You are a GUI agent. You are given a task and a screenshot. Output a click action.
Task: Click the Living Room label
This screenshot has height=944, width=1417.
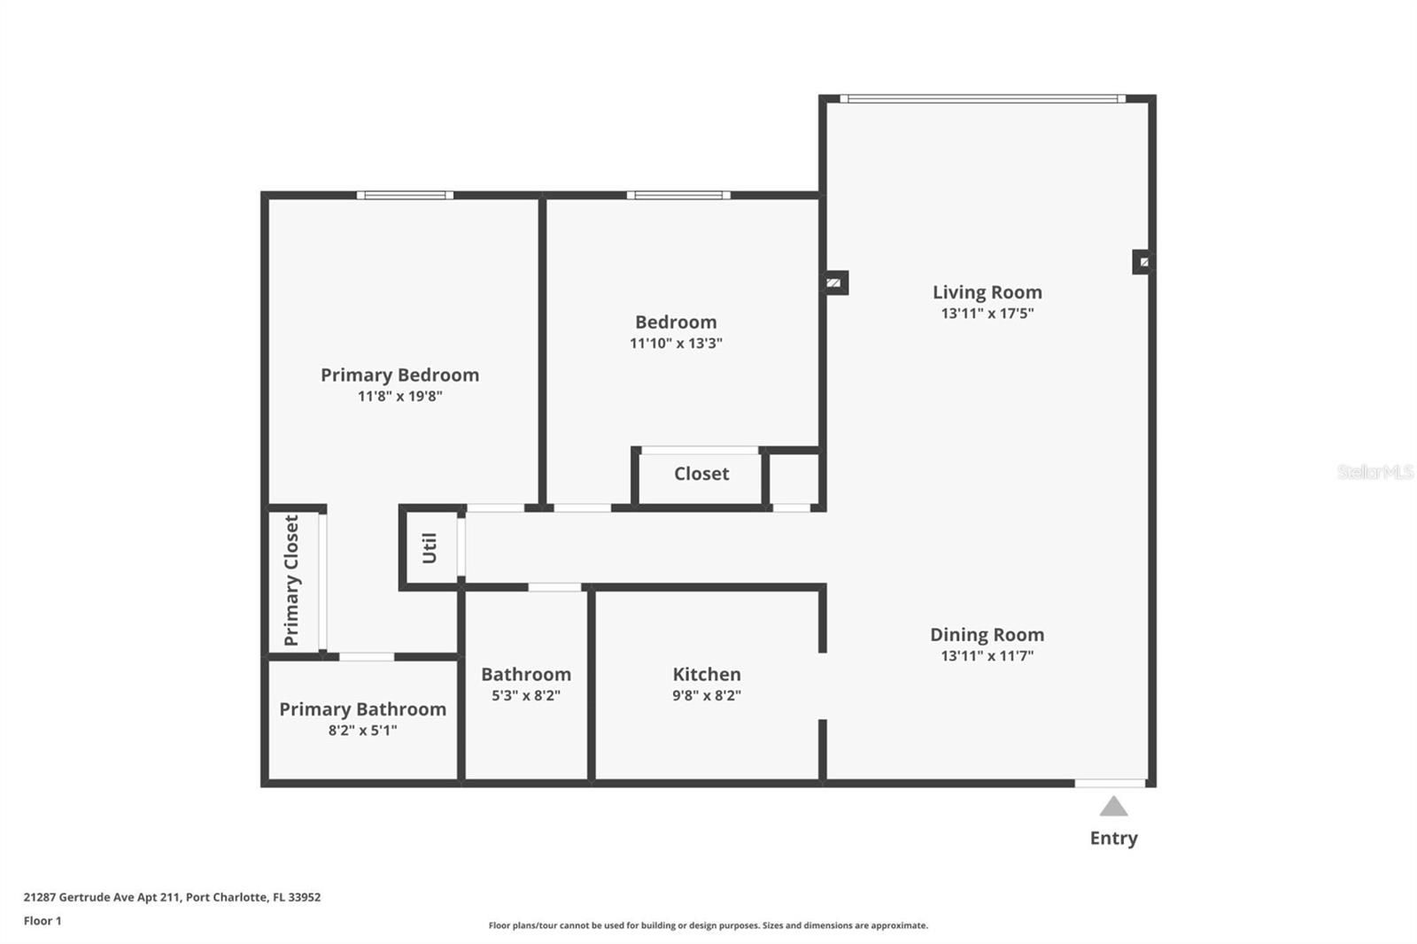point(987,292)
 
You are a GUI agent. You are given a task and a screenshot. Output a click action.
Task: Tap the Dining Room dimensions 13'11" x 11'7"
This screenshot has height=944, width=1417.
point(987,655)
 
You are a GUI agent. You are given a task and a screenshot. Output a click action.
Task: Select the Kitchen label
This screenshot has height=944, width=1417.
point(707,674)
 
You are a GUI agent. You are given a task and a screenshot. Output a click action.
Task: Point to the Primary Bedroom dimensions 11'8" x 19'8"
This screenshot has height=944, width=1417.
point(399,396)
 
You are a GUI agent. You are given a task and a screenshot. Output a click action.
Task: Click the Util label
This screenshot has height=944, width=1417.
point(430,548)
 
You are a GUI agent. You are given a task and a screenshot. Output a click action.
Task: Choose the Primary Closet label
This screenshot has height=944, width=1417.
point(291,580)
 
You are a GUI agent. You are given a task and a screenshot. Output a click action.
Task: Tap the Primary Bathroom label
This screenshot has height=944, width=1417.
point(362,709)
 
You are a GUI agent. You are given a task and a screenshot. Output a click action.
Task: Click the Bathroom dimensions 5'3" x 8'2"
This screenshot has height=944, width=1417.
point(526,695)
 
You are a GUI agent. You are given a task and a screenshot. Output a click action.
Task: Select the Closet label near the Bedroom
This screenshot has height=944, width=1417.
point(701,473)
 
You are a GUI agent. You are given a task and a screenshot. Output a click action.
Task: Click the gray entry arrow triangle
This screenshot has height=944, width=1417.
point(1113,807)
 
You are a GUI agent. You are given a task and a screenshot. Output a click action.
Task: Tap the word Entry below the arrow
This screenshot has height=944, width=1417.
point(1113,839)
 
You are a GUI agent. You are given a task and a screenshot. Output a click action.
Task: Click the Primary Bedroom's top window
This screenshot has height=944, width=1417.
point(405,196)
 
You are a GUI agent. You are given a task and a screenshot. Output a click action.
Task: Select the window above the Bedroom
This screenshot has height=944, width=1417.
point(678,196)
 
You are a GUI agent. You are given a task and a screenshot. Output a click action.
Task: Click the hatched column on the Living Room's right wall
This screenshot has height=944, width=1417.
point(1142,262)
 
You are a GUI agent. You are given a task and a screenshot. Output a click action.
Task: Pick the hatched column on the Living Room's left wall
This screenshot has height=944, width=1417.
point(835,282)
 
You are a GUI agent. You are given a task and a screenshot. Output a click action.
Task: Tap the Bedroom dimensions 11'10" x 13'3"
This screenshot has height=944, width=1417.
point(676,343)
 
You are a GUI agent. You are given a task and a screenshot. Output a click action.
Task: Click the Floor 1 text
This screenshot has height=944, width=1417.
point(43,921)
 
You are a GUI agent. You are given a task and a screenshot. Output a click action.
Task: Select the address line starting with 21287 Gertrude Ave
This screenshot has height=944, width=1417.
point(172,897)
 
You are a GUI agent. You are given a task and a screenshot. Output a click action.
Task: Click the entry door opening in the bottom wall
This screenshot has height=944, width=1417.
point(1111,784)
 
